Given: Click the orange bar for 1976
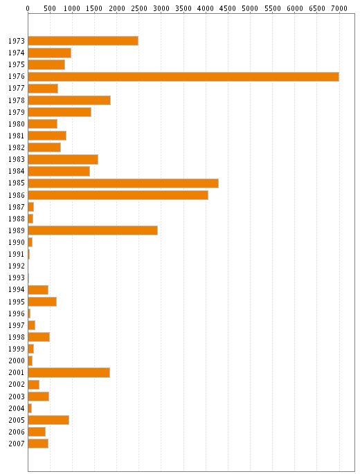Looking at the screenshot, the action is (x=183, y=77).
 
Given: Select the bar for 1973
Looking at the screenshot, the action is (x=83, y=41).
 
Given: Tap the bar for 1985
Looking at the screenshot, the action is (x=123, y=183).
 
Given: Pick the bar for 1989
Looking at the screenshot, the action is (x=93, y=230).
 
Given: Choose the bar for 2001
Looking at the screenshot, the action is (x=69, y=373).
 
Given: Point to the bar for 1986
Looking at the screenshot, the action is (x=118, y=195).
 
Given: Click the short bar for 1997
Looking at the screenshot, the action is (x=31, y=325).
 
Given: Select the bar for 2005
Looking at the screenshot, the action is (x=48, y=420).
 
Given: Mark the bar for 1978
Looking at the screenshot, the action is (x=69, y=100).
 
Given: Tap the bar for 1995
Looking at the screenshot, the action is (x=42, y=302).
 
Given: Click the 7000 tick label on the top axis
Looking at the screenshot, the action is (x=339, y=8).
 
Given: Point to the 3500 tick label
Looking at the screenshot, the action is (x=183, y=8).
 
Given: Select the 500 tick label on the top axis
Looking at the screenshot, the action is (x=50, y=8).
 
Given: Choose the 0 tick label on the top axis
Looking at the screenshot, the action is (x=28, y=8).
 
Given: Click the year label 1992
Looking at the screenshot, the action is (x=17, y=266).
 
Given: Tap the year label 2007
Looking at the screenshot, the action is (x=17, y=444).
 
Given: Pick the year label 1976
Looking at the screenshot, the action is (x=17, y=77).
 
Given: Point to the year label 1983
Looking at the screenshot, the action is (x=17, y=159).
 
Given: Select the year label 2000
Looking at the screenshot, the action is (x=17, y=361).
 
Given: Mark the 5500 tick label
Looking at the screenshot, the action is (x=273, y=8).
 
